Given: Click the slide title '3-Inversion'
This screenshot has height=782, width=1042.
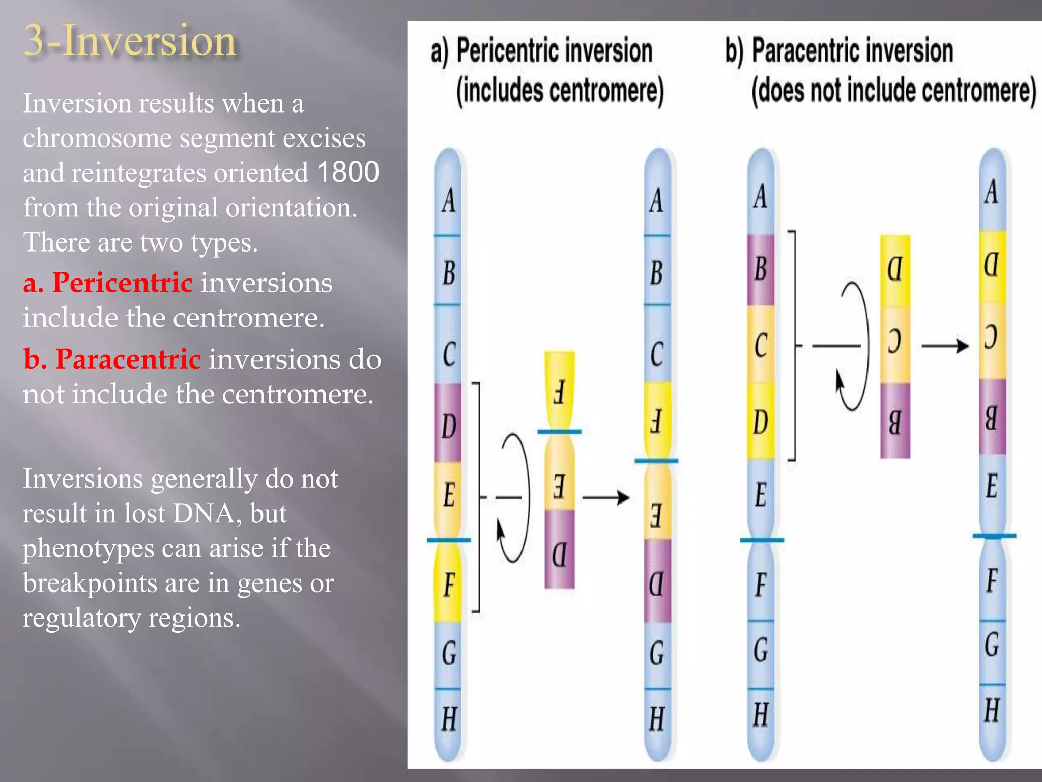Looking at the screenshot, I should (x=130, y=41).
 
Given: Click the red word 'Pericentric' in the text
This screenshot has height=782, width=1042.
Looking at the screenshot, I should (x=122, y=283).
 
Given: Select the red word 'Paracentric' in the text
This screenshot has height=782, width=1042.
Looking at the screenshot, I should (x=128, y=359).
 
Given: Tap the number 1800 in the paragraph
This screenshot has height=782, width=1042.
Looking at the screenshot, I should (x=348, y=172).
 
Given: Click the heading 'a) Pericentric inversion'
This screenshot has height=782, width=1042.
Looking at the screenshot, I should (x=541, y=51).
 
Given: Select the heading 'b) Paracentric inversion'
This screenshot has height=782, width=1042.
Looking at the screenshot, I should (x=839, y=51).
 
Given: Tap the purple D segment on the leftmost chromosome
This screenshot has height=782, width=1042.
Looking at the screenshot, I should (x=448, y=424).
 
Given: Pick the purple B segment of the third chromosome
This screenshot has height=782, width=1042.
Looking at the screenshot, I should (x=761, y=269).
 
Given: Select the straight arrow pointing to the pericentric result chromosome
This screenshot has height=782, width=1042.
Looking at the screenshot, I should (x=605, y=497).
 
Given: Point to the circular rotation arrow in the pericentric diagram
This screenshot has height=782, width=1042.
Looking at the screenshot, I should (x=514, y=497).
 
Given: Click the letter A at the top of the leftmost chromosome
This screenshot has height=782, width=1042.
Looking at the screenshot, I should (x=448, y=201).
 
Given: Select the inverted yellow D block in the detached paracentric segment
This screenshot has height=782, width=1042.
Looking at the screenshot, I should (x=895, y=270).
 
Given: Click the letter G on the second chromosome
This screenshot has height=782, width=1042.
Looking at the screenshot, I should (x=657, y=653).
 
